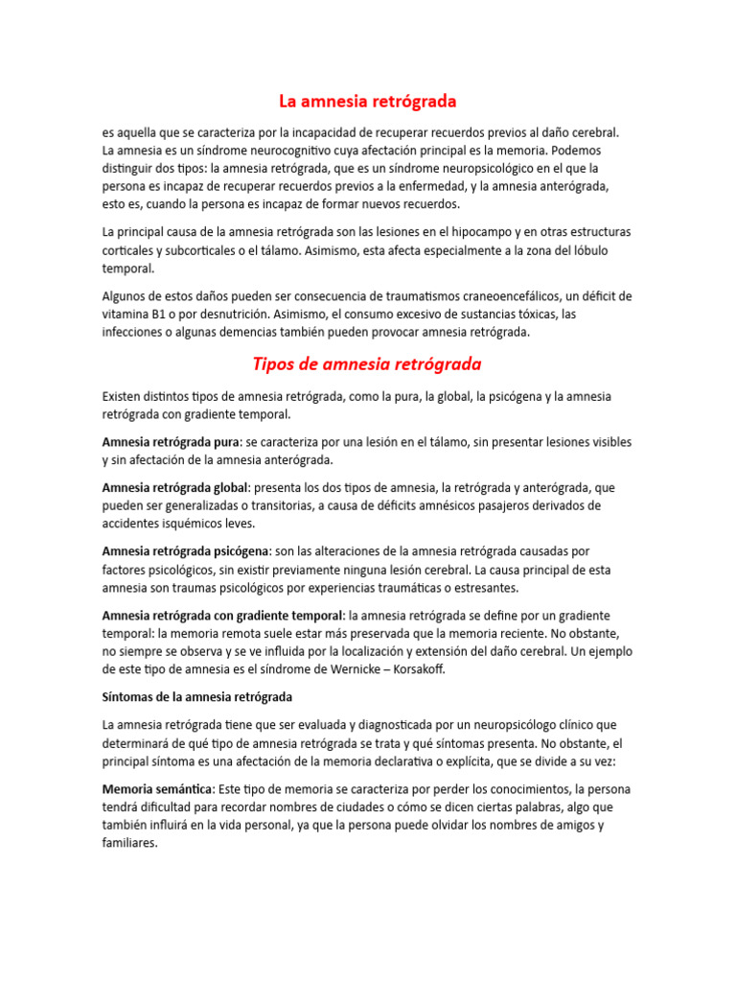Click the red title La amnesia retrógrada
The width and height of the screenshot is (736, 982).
[x=367, y=101]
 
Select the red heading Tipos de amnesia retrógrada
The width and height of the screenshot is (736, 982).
[x=367, y=364]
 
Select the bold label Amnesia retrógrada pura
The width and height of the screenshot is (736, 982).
[x=170, y=442]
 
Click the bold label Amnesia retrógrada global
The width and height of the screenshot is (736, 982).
[x=175, y=487]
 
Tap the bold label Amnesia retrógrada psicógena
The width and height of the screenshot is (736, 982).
[x=186, y=550]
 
